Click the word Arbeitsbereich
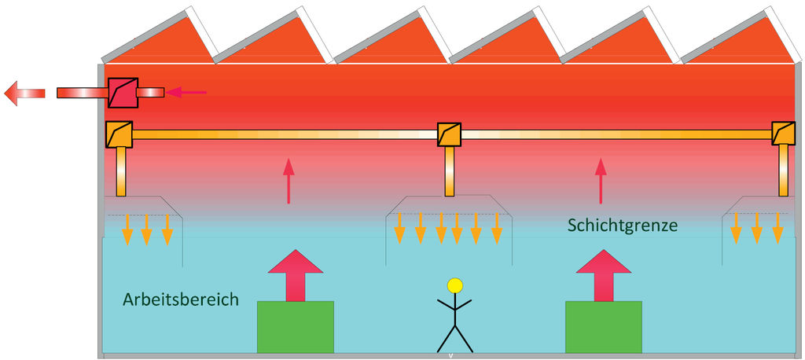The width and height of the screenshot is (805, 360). (180, 300)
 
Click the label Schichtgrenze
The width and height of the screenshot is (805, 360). (622, 225)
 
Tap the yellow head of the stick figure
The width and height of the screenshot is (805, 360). (454, 285)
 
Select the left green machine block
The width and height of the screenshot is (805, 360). (296, 327)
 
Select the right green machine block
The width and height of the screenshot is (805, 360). (603, 327)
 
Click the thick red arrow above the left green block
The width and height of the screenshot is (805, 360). (296, 275)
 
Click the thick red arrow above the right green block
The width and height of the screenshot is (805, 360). (603, 275)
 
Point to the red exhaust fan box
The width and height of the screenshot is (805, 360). (123, 93)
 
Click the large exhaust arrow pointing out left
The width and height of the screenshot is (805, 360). (28, 93)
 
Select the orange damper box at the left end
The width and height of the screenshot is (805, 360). (119, 134)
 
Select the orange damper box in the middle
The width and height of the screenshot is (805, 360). (449, 134)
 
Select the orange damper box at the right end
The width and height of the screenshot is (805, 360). (784, 134)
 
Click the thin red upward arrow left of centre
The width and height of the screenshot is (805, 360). (289, 181)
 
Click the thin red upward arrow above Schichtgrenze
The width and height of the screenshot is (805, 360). (601, 181)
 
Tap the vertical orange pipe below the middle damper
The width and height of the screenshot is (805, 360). (449, 171)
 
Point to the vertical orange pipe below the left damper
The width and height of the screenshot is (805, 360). (120, 171)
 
